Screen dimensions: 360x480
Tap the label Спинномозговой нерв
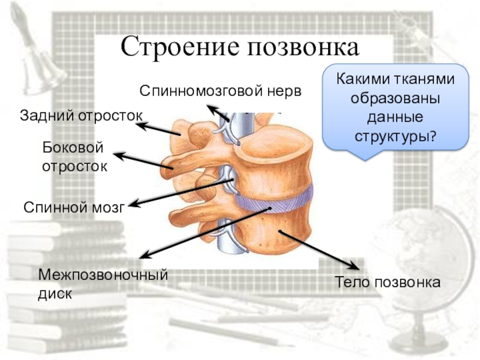click(220, 91)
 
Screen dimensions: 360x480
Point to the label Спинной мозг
click(73, 208)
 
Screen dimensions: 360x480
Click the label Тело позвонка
click(388, 282)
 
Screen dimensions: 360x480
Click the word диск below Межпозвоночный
click(56, 294)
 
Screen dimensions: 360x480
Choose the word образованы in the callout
click(395, 98)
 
